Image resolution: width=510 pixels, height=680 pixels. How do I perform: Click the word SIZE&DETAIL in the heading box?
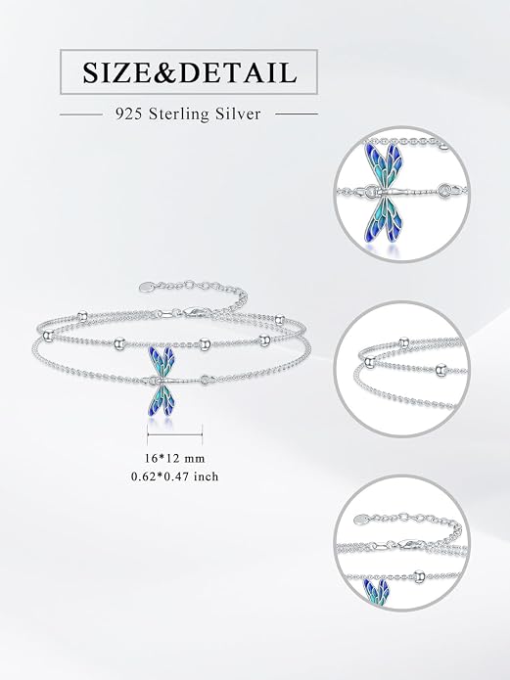tap(190, 72)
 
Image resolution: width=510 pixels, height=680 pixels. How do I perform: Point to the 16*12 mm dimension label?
tap(174, 459)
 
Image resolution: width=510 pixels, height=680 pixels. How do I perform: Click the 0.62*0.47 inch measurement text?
tap(175, 476)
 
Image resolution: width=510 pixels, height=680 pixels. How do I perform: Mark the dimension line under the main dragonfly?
tap(175, 434)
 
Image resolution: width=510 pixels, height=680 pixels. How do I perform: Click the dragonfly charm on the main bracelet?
tap(164, 381)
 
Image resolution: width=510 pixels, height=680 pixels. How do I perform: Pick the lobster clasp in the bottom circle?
tap(413, 544)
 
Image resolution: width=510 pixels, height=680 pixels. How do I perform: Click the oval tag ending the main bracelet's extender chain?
tap(148, 287)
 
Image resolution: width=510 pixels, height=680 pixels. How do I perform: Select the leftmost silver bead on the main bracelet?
tap(48, 335)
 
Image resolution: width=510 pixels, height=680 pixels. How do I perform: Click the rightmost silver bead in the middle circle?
tap(440, 369)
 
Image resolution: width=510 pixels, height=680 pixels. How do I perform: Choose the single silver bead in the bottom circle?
tap(419, 576)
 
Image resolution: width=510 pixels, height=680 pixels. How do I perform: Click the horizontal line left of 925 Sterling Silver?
tap(81, 114)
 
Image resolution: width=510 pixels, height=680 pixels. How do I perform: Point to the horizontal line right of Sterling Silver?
tap(297, 114)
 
